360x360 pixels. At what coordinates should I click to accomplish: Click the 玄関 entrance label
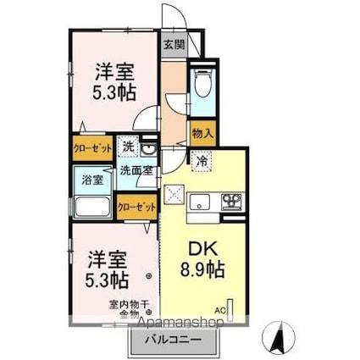(x=173, y=45)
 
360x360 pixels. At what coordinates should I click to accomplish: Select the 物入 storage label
(x=202, y=134)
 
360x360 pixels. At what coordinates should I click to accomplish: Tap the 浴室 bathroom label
(x=91, y=180)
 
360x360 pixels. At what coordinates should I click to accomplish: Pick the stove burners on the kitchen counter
(x=231, y=202)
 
